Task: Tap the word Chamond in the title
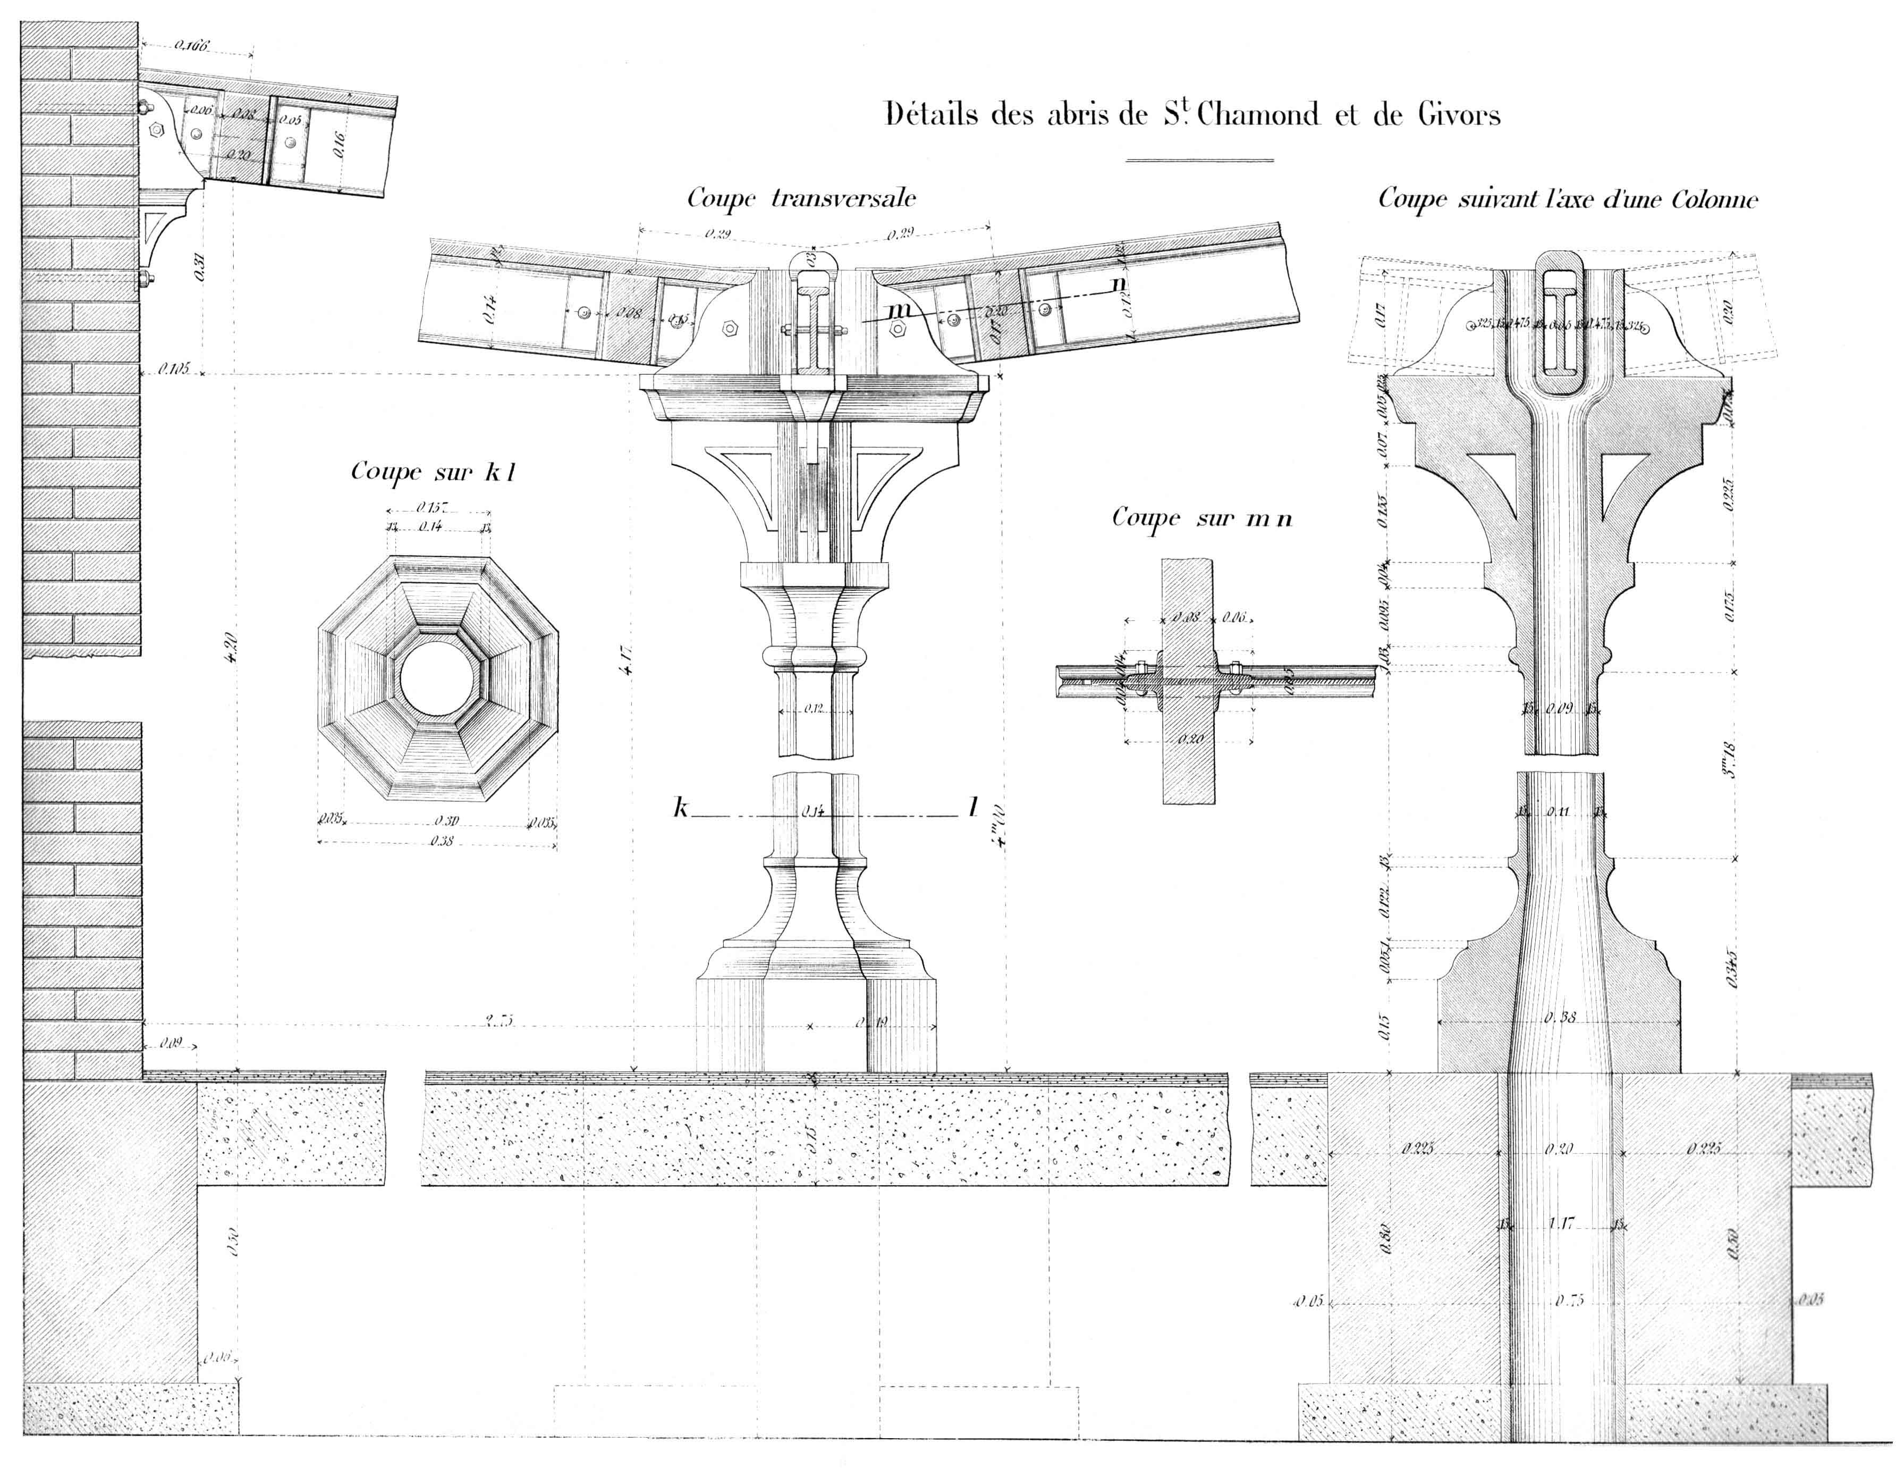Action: tap(1257, 115)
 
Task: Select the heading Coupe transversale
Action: tap(801, 199)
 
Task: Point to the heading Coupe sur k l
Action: tap(433, 472)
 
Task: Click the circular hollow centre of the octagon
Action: tap(438, 678)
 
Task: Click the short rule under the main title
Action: tap(1199, 160)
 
